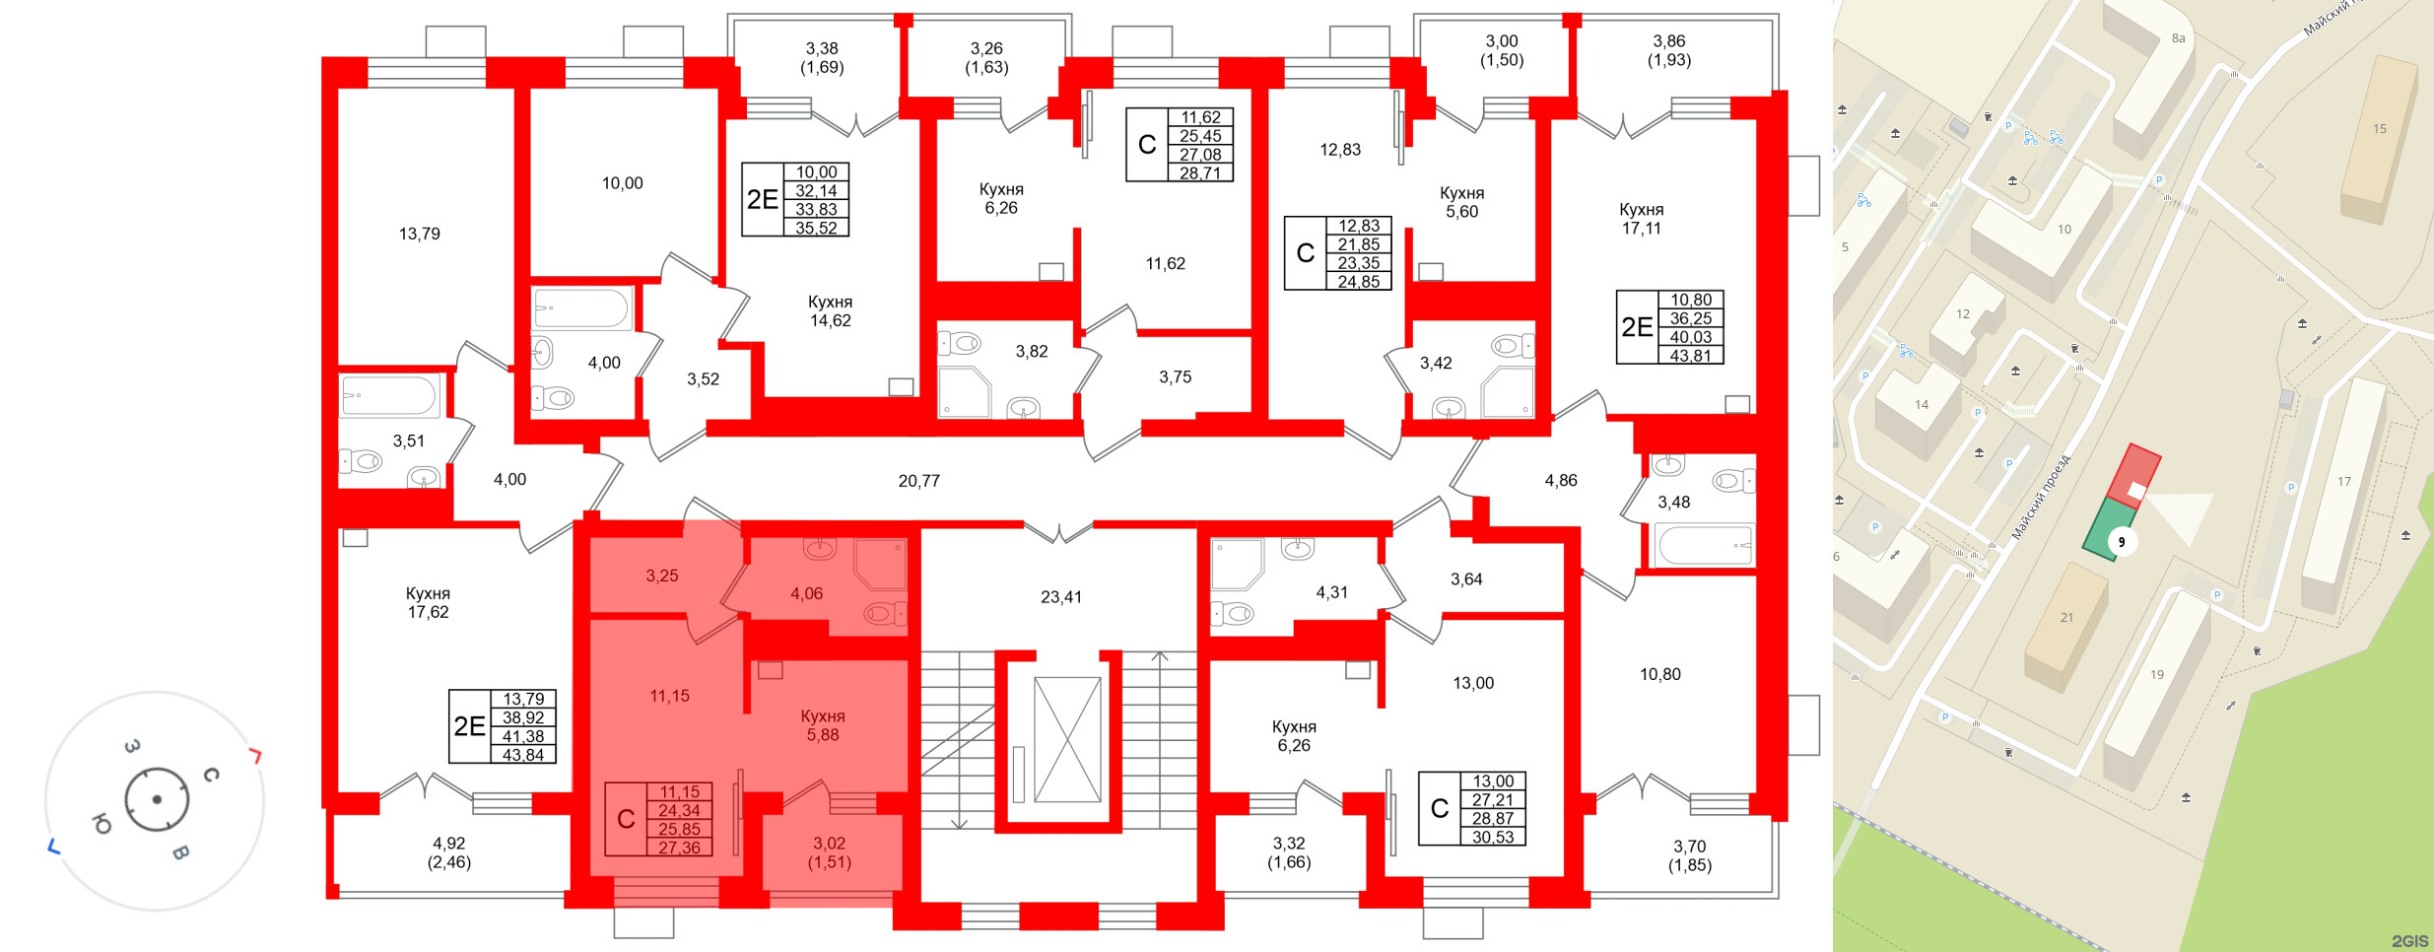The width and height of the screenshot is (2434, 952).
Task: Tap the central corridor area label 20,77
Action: tap(918, 481)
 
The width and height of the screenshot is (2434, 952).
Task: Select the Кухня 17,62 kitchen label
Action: tap(428, 602)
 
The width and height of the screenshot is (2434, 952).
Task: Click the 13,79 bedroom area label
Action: tap(419, 234)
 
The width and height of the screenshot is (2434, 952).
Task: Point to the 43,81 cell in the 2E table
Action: tap(1690, 356)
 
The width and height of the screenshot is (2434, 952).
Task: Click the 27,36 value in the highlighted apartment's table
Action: tap(679, 848)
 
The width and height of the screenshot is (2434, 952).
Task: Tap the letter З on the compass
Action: tap(131, 746)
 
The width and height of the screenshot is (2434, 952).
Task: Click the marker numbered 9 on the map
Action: tap(2122, 542)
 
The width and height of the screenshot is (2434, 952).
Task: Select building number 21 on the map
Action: tap(2066, 618)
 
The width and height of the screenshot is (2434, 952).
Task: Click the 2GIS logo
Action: tap(2408, 941)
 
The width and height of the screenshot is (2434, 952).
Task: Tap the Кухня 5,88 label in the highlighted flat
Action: tap(823, 725)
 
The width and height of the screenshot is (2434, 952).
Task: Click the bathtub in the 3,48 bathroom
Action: tap(1705, 544)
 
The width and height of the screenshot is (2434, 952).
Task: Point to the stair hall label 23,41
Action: tap(1060, 596)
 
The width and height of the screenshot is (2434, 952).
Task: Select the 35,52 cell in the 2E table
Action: tap(816, 228)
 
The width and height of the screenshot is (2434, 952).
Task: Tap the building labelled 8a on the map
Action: tap(2178, 38)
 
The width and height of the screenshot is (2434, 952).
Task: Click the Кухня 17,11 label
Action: tap(1641, 219)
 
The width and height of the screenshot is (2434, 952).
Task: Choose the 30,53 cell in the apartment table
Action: tap(1493, 837)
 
